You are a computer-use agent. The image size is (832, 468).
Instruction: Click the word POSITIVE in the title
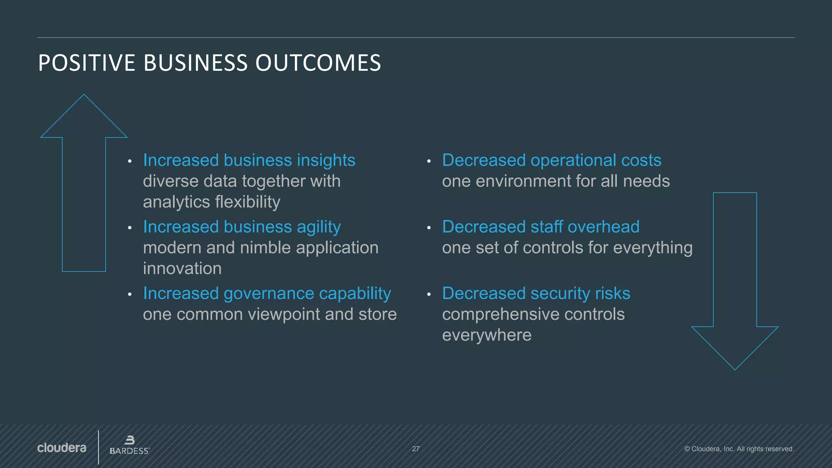[x=87, y=63]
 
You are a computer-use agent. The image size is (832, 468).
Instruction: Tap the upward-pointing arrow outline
[x=84, y=183]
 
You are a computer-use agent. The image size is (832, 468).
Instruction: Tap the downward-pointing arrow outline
[x=735, y=280]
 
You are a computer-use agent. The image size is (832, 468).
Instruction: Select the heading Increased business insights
[x=249, y=160]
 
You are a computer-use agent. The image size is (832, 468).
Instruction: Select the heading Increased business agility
[x=242, y=227]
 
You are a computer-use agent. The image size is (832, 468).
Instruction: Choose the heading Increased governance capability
[x=267, y=293]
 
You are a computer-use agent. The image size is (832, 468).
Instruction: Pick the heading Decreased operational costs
[x=552, y=160]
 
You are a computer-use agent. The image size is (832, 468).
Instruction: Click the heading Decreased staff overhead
[x=541, y=227]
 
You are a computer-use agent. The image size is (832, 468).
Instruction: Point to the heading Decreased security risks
[x=536, y=293]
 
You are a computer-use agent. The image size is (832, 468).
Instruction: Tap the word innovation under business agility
[x=182, y=269]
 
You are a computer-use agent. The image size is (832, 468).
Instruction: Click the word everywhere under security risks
[x=487, y=335]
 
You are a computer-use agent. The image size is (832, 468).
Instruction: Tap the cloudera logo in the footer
[x=62, y=448]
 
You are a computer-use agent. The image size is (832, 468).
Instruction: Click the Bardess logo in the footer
[x=130, y=446]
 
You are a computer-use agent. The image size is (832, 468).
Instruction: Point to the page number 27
[x=416, y=449]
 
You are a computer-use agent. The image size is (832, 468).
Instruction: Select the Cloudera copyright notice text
[x=739, y=449]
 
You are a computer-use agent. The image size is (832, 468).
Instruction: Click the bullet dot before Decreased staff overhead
[x=429, y=228]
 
